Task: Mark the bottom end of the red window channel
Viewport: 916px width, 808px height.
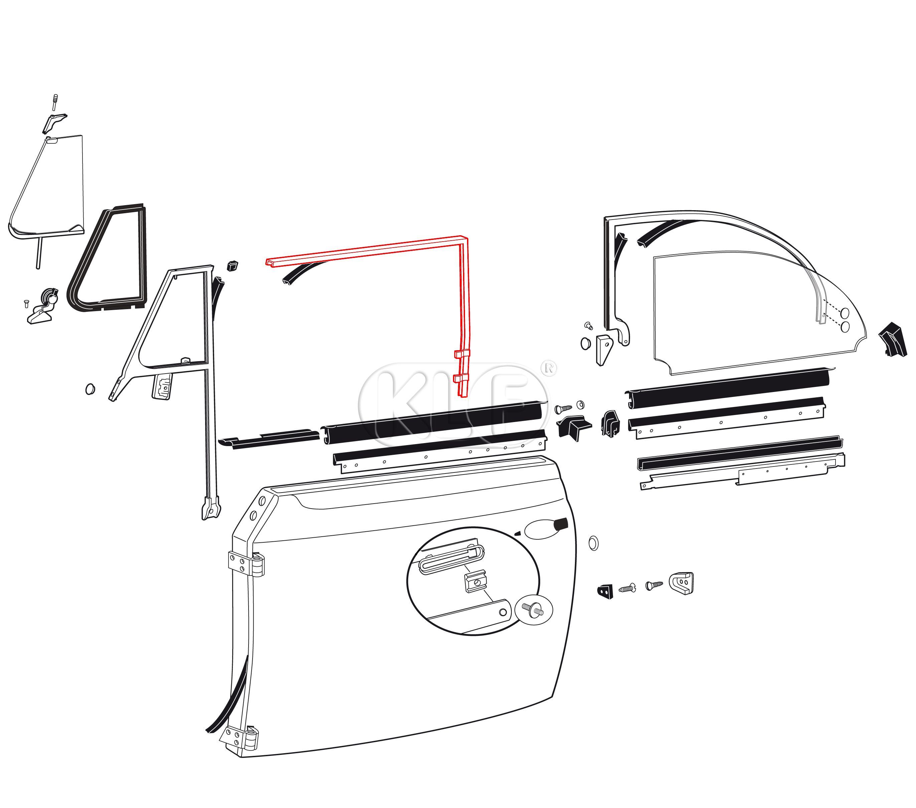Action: [x=463, y=396]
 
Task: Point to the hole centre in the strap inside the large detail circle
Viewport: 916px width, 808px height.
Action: [x=503, y=612]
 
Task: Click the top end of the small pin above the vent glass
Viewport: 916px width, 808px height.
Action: [x=55, y=96]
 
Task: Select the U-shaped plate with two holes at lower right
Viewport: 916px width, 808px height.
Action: [x=681, y=583]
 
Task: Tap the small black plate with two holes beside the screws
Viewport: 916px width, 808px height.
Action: [x=605, y=591]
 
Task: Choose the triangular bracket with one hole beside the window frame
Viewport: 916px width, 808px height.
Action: [x=604, y=350]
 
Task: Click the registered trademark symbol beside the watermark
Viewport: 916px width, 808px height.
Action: [x=549, y=368]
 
